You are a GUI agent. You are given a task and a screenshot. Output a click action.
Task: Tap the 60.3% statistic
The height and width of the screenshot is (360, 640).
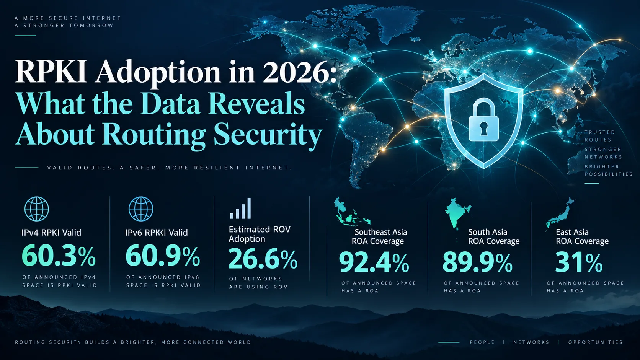[59, 256]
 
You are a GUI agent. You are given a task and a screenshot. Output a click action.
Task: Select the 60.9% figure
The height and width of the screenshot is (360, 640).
[163, 256]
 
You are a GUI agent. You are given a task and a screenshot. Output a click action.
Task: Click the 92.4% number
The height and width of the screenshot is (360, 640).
[374, 262]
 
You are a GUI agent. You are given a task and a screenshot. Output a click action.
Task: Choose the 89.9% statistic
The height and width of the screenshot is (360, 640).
[477, 262]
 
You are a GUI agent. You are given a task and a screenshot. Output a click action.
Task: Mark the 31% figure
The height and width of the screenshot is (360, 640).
[579, 262]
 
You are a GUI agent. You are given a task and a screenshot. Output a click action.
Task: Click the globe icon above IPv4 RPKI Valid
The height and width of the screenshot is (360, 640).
[37, 209]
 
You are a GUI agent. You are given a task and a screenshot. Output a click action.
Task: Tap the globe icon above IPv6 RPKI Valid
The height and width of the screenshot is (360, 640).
[141, 209]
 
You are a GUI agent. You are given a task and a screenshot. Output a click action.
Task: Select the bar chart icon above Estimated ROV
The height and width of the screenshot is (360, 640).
[240, 208]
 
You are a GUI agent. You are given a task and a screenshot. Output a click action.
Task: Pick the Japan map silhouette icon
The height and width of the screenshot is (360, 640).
[560, 213]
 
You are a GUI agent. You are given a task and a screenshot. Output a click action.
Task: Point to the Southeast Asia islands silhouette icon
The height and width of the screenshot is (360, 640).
[351, 211]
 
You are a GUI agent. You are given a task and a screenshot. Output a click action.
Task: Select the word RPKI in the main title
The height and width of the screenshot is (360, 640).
[51, 72]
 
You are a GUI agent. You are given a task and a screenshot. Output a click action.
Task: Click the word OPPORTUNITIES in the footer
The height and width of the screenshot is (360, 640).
[595, 342]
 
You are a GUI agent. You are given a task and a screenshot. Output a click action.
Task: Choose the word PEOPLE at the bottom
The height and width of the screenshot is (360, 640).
[482, 342]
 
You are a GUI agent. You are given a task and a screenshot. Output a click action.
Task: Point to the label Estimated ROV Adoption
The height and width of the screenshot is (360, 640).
[260, 234]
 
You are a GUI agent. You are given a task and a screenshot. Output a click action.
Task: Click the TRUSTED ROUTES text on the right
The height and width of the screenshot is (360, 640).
[599, 136]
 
